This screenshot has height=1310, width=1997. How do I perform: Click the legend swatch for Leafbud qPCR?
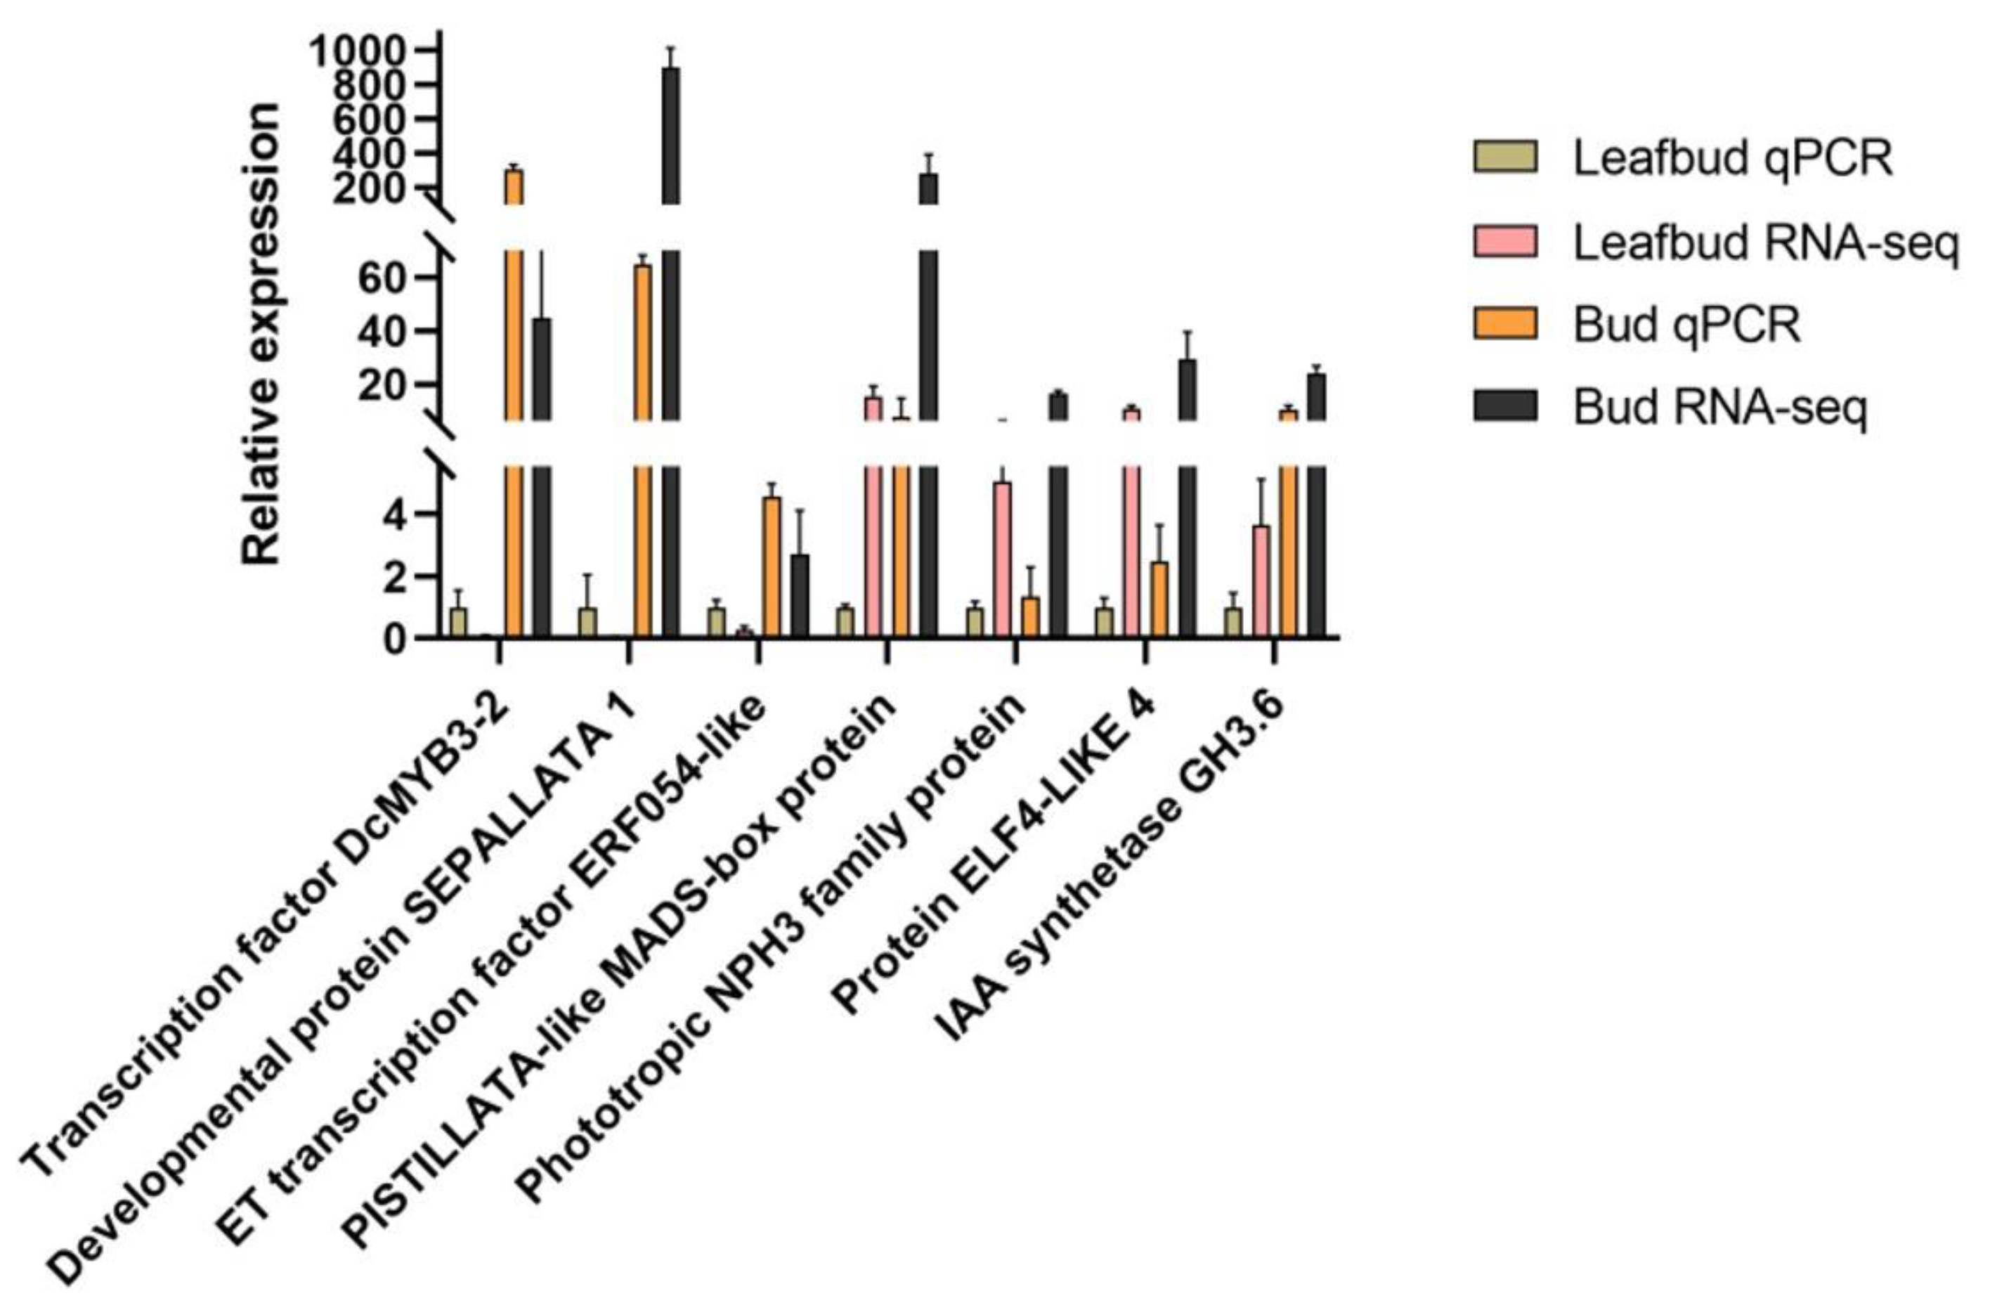[x=1504, y=157]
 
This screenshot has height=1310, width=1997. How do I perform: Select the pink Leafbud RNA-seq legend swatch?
[x=1504, y=241]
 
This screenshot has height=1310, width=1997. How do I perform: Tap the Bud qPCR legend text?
[x=1686, y=324]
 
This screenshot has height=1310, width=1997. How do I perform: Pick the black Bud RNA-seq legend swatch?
[x=1504, y=406]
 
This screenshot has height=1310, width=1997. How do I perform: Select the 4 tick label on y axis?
[x=395, y=514]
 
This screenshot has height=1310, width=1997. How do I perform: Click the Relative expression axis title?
[x=261, y=336]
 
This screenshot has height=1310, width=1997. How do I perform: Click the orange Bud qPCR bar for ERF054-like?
[x=771, y=567]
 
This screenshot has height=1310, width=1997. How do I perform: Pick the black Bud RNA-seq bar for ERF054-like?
[x=800, y=596]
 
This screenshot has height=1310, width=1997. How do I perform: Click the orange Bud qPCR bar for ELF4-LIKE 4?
[x=1159, y=599]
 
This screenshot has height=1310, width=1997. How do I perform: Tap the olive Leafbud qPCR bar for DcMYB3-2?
[x=458, y=622]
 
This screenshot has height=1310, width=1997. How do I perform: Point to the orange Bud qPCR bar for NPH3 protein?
[x=1029, y=617]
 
